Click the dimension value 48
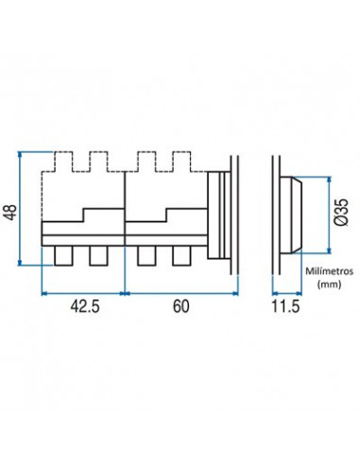pyautogui.click(x=10, y=213)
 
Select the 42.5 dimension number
pyautogui.click(x=85, y=306)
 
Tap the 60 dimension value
pyautogui.click(x=181, y=306)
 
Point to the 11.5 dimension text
pyautogui.click(x=285, y=306)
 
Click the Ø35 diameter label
pyautogui.click(x=341, y=213)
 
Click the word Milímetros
pyautogui.click(x=329, y=271)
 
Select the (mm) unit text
pyautogui.click(x=329, y=284)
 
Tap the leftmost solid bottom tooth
pyautogui.click(x=63, y=255)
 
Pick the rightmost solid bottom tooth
pyautogui.click(x=181, y=255)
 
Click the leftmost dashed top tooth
pyautogui.click(x=63, y=162)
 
